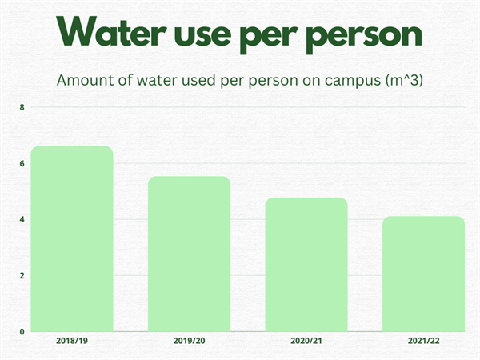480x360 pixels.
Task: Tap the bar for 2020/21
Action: click(x=306, y=264)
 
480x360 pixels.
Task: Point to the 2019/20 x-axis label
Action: click(x=190, y=341)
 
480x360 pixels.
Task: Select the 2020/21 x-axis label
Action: click(x=306, y=341)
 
